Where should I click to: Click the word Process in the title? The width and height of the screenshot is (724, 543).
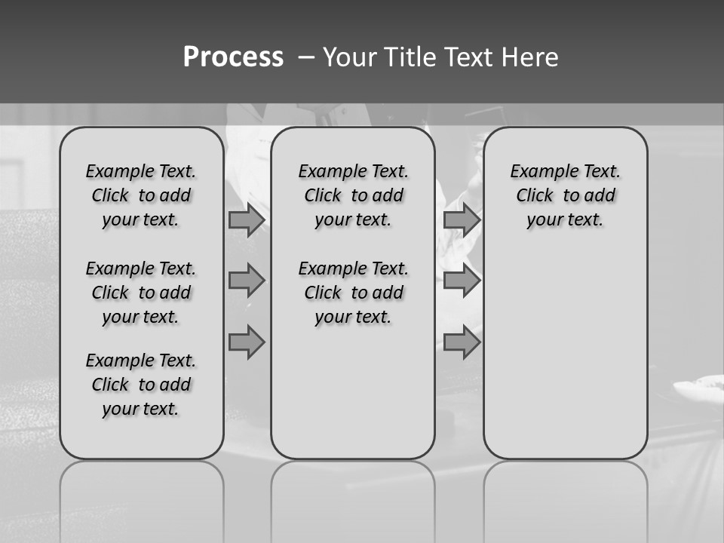tap(233, 57)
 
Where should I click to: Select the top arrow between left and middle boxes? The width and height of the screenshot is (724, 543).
tap(247, 220)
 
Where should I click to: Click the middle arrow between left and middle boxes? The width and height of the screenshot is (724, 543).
tap(247, 281)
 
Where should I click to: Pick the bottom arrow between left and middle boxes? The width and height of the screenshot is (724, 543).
tap(247, 342)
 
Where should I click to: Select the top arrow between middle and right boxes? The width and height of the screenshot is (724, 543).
tap(462, 219)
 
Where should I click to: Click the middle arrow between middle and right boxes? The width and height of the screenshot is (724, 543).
tap(462, 281)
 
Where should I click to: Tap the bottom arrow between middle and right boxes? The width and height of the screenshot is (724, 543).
tap(462, 342)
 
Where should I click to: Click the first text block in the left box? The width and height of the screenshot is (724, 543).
tap(141, 195)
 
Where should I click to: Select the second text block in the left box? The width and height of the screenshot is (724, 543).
tap(141, 293)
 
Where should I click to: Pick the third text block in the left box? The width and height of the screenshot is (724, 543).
tap(141, 385)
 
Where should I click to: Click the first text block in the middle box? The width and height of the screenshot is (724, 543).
tap(354, 195)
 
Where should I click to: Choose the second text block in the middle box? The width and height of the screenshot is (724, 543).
tap(354, 293)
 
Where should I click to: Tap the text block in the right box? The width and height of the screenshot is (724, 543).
tap(566, 195)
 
